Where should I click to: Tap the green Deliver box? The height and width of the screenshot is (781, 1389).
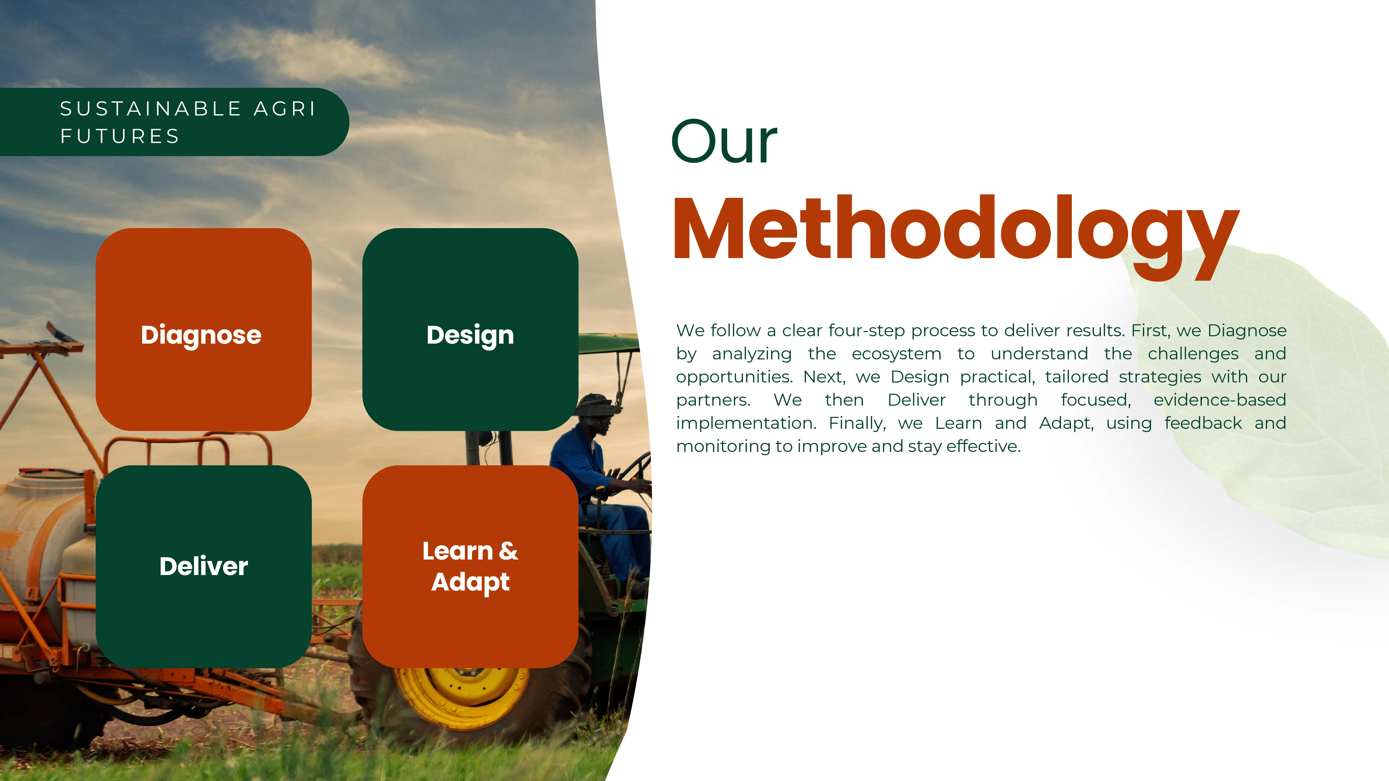(x=203, y=566)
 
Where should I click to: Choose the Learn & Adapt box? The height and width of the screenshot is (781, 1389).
(x=470, y=566)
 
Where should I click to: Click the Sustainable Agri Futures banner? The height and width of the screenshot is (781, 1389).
(x=174, y=122)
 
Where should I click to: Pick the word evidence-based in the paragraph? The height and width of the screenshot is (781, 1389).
(x=1220, y=400)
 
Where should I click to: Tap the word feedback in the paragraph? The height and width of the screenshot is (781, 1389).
(x=1203, y=423)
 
